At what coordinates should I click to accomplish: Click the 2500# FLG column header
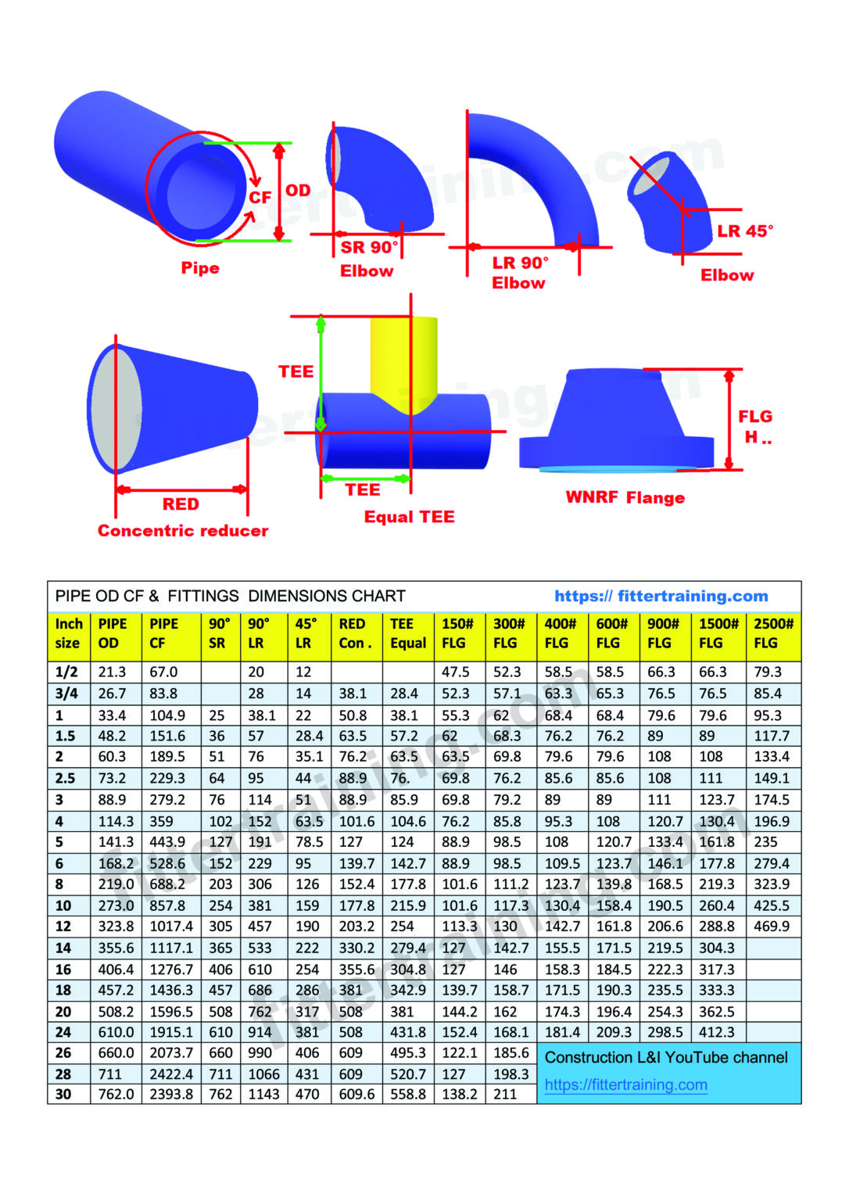click(773, 633)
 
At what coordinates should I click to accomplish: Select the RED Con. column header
click(355, 633)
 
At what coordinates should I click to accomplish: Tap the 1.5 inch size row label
click(66, 736)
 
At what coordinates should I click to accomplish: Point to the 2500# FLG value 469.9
click(771, 926)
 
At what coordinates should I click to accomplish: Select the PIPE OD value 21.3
click(112, 672)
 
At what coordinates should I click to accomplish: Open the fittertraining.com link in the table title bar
click(661, 596)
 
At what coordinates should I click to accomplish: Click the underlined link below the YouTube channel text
click(625, 1084)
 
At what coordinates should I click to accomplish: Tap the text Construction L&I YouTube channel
click(665, 1057)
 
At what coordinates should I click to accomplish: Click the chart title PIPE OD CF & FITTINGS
click(230, 596)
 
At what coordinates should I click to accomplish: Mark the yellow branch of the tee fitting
click(403, 360)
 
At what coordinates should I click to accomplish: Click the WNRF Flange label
click(625, 497)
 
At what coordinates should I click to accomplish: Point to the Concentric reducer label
click(182, 530)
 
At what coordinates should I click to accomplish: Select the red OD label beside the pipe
click(298, 190)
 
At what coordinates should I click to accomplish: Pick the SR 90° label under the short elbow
click(369, 247)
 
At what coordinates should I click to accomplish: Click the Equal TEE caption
click(409, 517)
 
